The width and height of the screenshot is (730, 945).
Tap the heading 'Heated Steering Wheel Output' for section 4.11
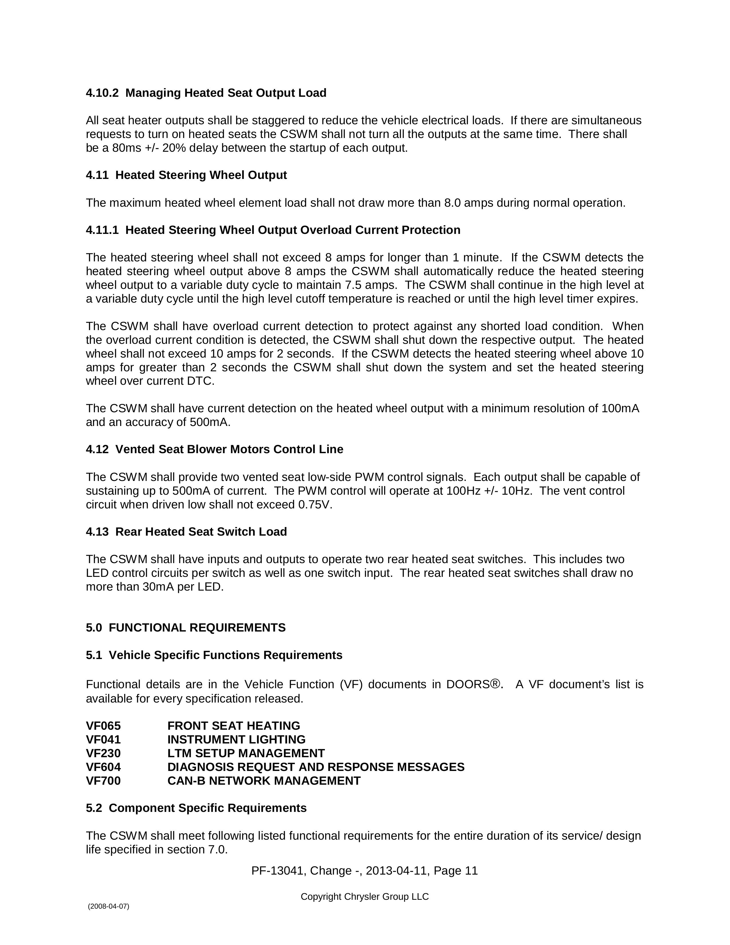(x=201, y=175)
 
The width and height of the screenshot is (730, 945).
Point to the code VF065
(x=103, y=726)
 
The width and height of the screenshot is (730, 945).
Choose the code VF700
(x=103, y=781)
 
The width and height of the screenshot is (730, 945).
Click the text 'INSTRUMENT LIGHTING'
(x=236, y=739)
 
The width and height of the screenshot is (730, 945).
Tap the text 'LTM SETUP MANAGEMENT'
(x=246, y=753)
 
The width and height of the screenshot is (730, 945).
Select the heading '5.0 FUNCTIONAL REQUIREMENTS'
(x=186, y=628)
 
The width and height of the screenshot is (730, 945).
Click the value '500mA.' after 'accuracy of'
(x=210, y=422)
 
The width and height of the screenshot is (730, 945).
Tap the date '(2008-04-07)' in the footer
(x=108, y=906)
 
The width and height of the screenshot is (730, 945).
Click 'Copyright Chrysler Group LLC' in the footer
(x=364, y=897)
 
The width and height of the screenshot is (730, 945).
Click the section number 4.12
(x=97, y=449)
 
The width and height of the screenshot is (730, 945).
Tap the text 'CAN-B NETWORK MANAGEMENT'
(x=264, y=781)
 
